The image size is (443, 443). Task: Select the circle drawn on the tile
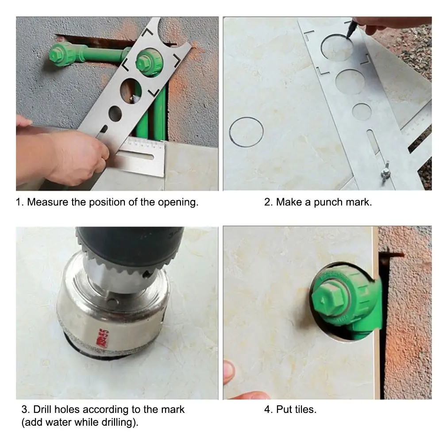coord(246,132)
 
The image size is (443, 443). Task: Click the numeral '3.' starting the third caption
coord(26,409)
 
